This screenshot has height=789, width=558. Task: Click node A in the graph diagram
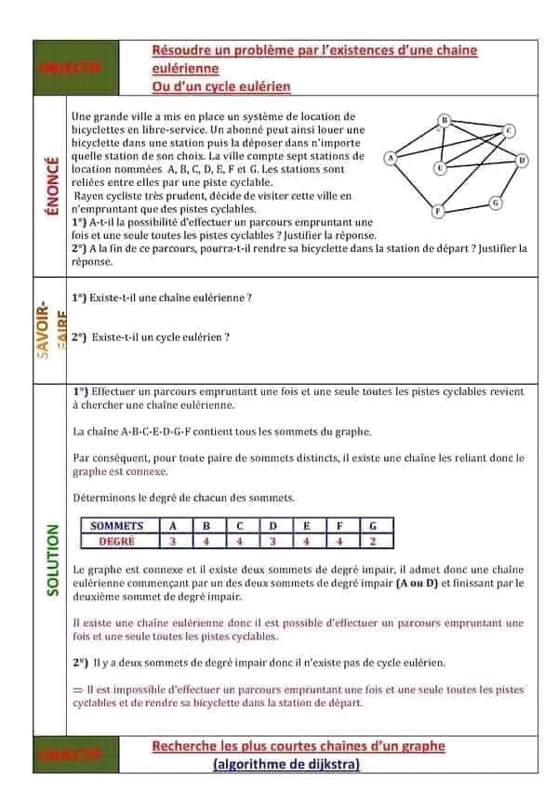391,159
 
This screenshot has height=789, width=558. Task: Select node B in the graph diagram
445,120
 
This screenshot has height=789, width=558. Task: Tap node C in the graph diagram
510,131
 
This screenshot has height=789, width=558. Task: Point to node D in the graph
523,160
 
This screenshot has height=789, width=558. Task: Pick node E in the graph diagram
440,168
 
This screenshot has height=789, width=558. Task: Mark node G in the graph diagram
496,202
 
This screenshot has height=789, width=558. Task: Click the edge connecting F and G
467,207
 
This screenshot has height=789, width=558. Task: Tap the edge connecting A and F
414,186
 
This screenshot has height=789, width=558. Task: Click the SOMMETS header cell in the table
117,526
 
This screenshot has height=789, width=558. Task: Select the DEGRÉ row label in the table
117,541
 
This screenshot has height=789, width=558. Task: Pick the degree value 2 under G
372,541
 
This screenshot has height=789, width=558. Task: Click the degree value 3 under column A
173,541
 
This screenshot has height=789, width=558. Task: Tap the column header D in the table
273,526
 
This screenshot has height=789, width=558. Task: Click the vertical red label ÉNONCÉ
51,187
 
